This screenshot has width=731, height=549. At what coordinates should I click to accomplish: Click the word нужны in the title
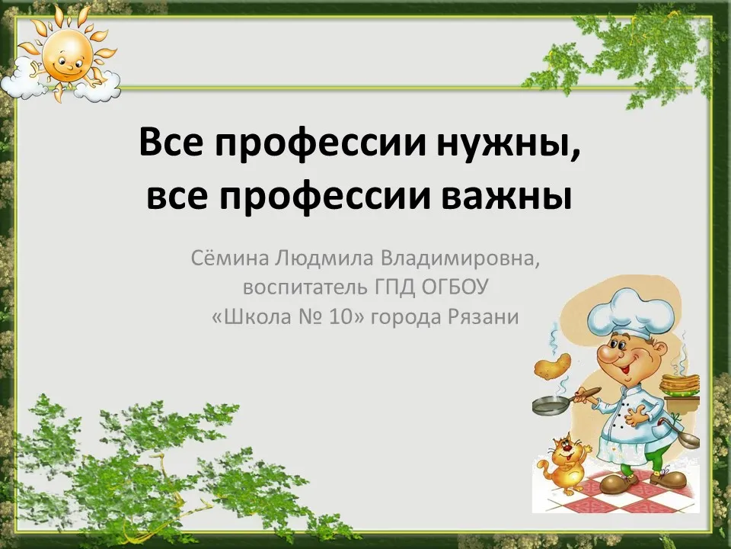coord(508,143)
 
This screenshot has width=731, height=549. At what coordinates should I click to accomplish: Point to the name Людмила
coord(324,258)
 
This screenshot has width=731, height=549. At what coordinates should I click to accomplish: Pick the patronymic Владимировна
coord(460,258)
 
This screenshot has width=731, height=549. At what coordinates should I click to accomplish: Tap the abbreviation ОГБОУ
coord(455,287)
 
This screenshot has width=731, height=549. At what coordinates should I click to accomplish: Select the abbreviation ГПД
coord(394,287)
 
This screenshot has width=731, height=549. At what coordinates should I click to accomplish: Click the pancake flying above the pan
coord(553,365)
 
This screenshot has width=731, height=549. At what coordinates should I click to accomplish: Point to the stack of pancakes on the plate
coord(681,384)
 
